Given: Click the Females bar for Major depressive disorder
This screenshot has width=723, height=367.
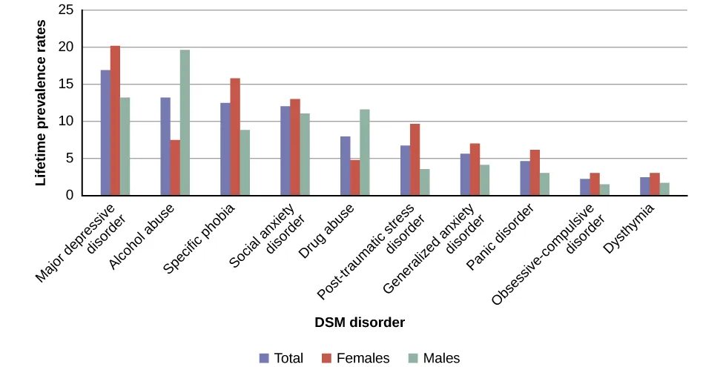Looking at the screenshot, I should click(x=115, y=121).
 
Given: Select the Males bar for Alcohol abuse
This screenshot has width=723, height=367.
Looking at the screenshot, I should click(x=185, y=123).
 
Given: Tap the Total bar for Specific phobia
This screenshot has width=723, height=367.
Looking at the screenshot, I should click(x=225, y=149).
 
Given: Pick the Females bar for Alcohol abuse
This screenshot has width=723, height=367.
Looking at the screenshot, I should click(x=175, y=168).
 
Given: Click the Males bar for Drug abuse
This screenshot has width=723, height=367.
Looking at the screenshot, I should click(x=364, y=153).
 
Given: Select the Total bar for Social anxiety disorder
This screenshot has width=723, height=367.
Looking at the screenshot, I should click(x=285, y=151).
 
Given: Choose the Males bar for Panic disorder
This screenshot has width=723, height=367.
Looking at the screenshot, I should click(x=544, y=184).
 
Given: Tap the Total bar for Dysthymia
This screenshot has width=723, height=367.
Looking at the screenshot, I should click(x=644, y=186).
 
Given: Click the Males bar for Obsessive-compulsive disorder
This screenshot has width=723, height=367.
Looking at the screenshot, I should click(x=604, y=190).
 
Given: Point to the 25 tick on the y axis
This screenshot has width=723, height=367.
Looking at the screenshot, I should click(x=66, y=10).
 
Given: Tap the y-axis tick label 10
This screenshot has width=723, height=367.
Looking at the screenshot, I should click(x=66, y=122).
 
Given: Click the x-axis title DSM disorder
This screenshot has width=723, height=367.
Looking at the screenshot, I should click(x=360, y=323).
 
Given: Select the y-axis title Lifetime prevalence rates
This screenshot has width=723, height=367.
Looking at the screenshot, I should click(x=41, y=103).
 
